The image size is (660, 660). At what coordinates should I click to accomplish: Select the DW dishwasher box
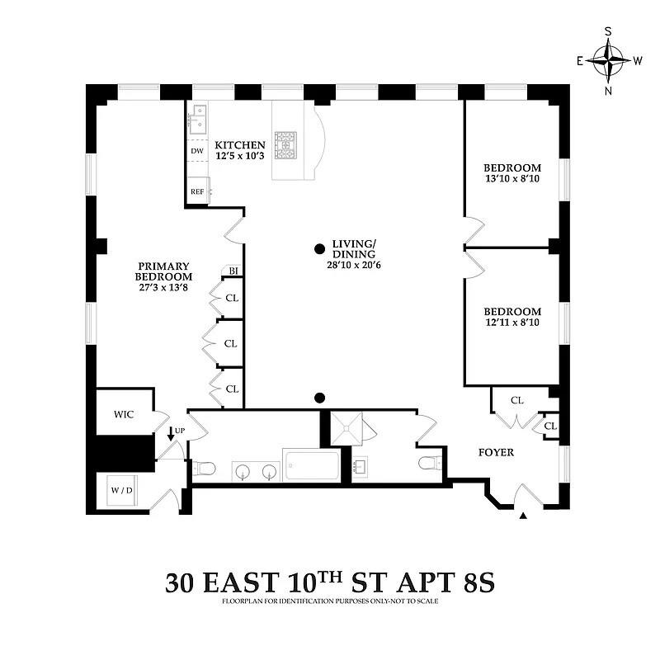(x=197, y=152)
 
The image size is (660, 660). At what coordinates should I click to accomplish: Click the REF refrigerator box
(x=197, y=191)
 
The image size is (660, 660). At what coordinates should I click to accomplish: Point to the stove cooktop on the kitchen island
(x=290, y=145)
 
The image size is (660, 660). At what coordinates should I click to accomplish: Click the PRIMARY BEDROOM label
(x=164, y=271)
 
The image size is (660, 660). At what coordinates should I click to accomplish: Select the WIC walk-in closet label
(x=124, y=414)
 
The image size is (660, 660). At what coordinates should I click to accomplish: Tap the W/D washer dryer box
(x=121, y=490)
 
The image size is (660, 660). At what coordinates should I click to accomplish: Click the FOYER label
(x=497, y=452)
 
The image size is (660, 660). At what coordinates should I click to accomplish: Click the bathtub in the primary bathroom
(x=310, y=468)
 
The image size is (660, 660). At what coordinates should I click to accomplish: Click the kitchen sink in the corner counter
(x=198, y=120)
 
